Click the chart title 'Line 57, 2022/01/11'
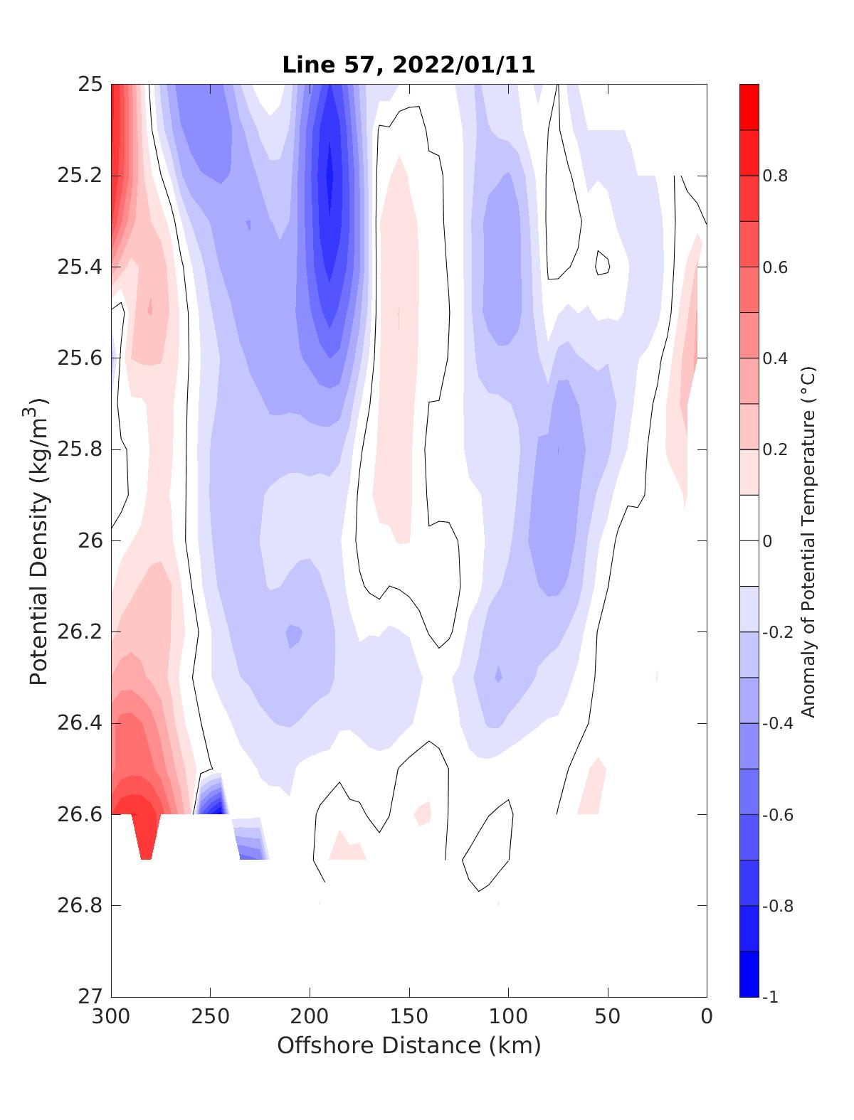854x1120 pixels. pyautogui.click(x=408, y=65)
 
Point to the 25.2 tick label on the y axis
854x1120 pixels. pyautogui.click(x=79, y=176)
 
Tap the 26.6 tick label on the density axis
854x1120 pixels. pyautogui.click(x=79, y=814)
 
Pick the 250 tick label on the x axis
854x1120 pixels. pyautogui.click(x=211, y=1017)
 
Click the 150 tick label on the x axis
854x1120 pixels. pyautogui.click(x=409, y=1017)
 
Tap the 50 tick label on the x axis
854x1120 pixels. pyautogui.click(x=608, y=1017)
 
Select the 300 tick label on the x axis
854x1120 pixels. pyautogui.click(x=112, y=1017)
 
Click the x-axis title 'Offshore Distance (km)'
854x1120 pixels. pyautogui.click(x=408, y=1045)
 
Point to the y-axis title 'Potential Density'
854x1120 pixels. pyautogui.click(x=40, y=540)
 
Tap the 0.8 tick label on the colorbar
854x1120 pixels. pyautogui.click(x=776, y=176)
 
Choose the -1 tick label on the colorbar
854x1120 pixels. pyautogui.click(x=771, y=997)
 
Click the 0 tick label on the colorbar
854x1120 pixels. pyautogui.click(x=767, y=541)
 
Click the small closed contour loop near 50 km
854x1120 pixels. pyautogui.click(x=603, y=263)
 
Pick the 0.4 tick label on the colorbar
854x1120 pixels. pyautogui.click(x=776, y=358)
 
